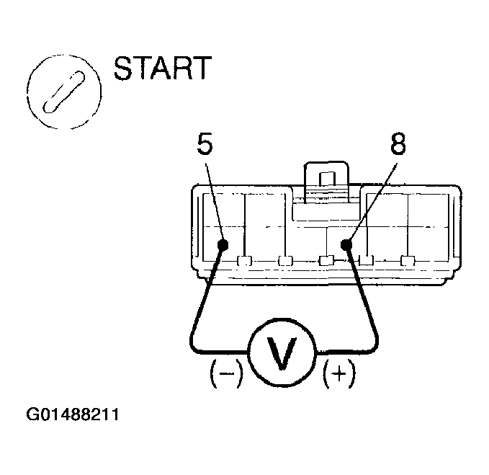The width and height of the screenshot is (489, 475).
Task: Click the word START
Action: tap(162, 68)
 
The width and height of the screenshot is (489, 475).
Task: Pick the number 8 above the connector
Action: tap(397, 146)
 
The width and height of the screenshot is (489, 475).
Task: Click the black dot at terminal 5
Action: tap(223, 246)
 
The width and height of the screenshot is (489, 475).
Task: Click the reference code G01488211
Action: tap(72, 416)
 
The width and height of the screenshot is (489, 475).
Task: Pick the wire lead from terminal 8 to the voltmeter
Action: tap(367, 303)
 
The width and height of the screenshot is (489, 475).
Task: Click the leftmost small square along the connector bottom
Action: tap(245, 260)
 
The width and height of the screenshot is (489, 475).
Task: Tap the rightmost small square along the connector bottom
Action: tap(408, 260)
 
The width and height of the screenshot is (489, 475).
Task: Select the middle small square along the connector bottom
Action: tap(326, 260)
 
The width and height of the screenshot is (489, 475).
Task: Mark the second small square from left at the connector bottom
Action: tap(286, 260)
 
